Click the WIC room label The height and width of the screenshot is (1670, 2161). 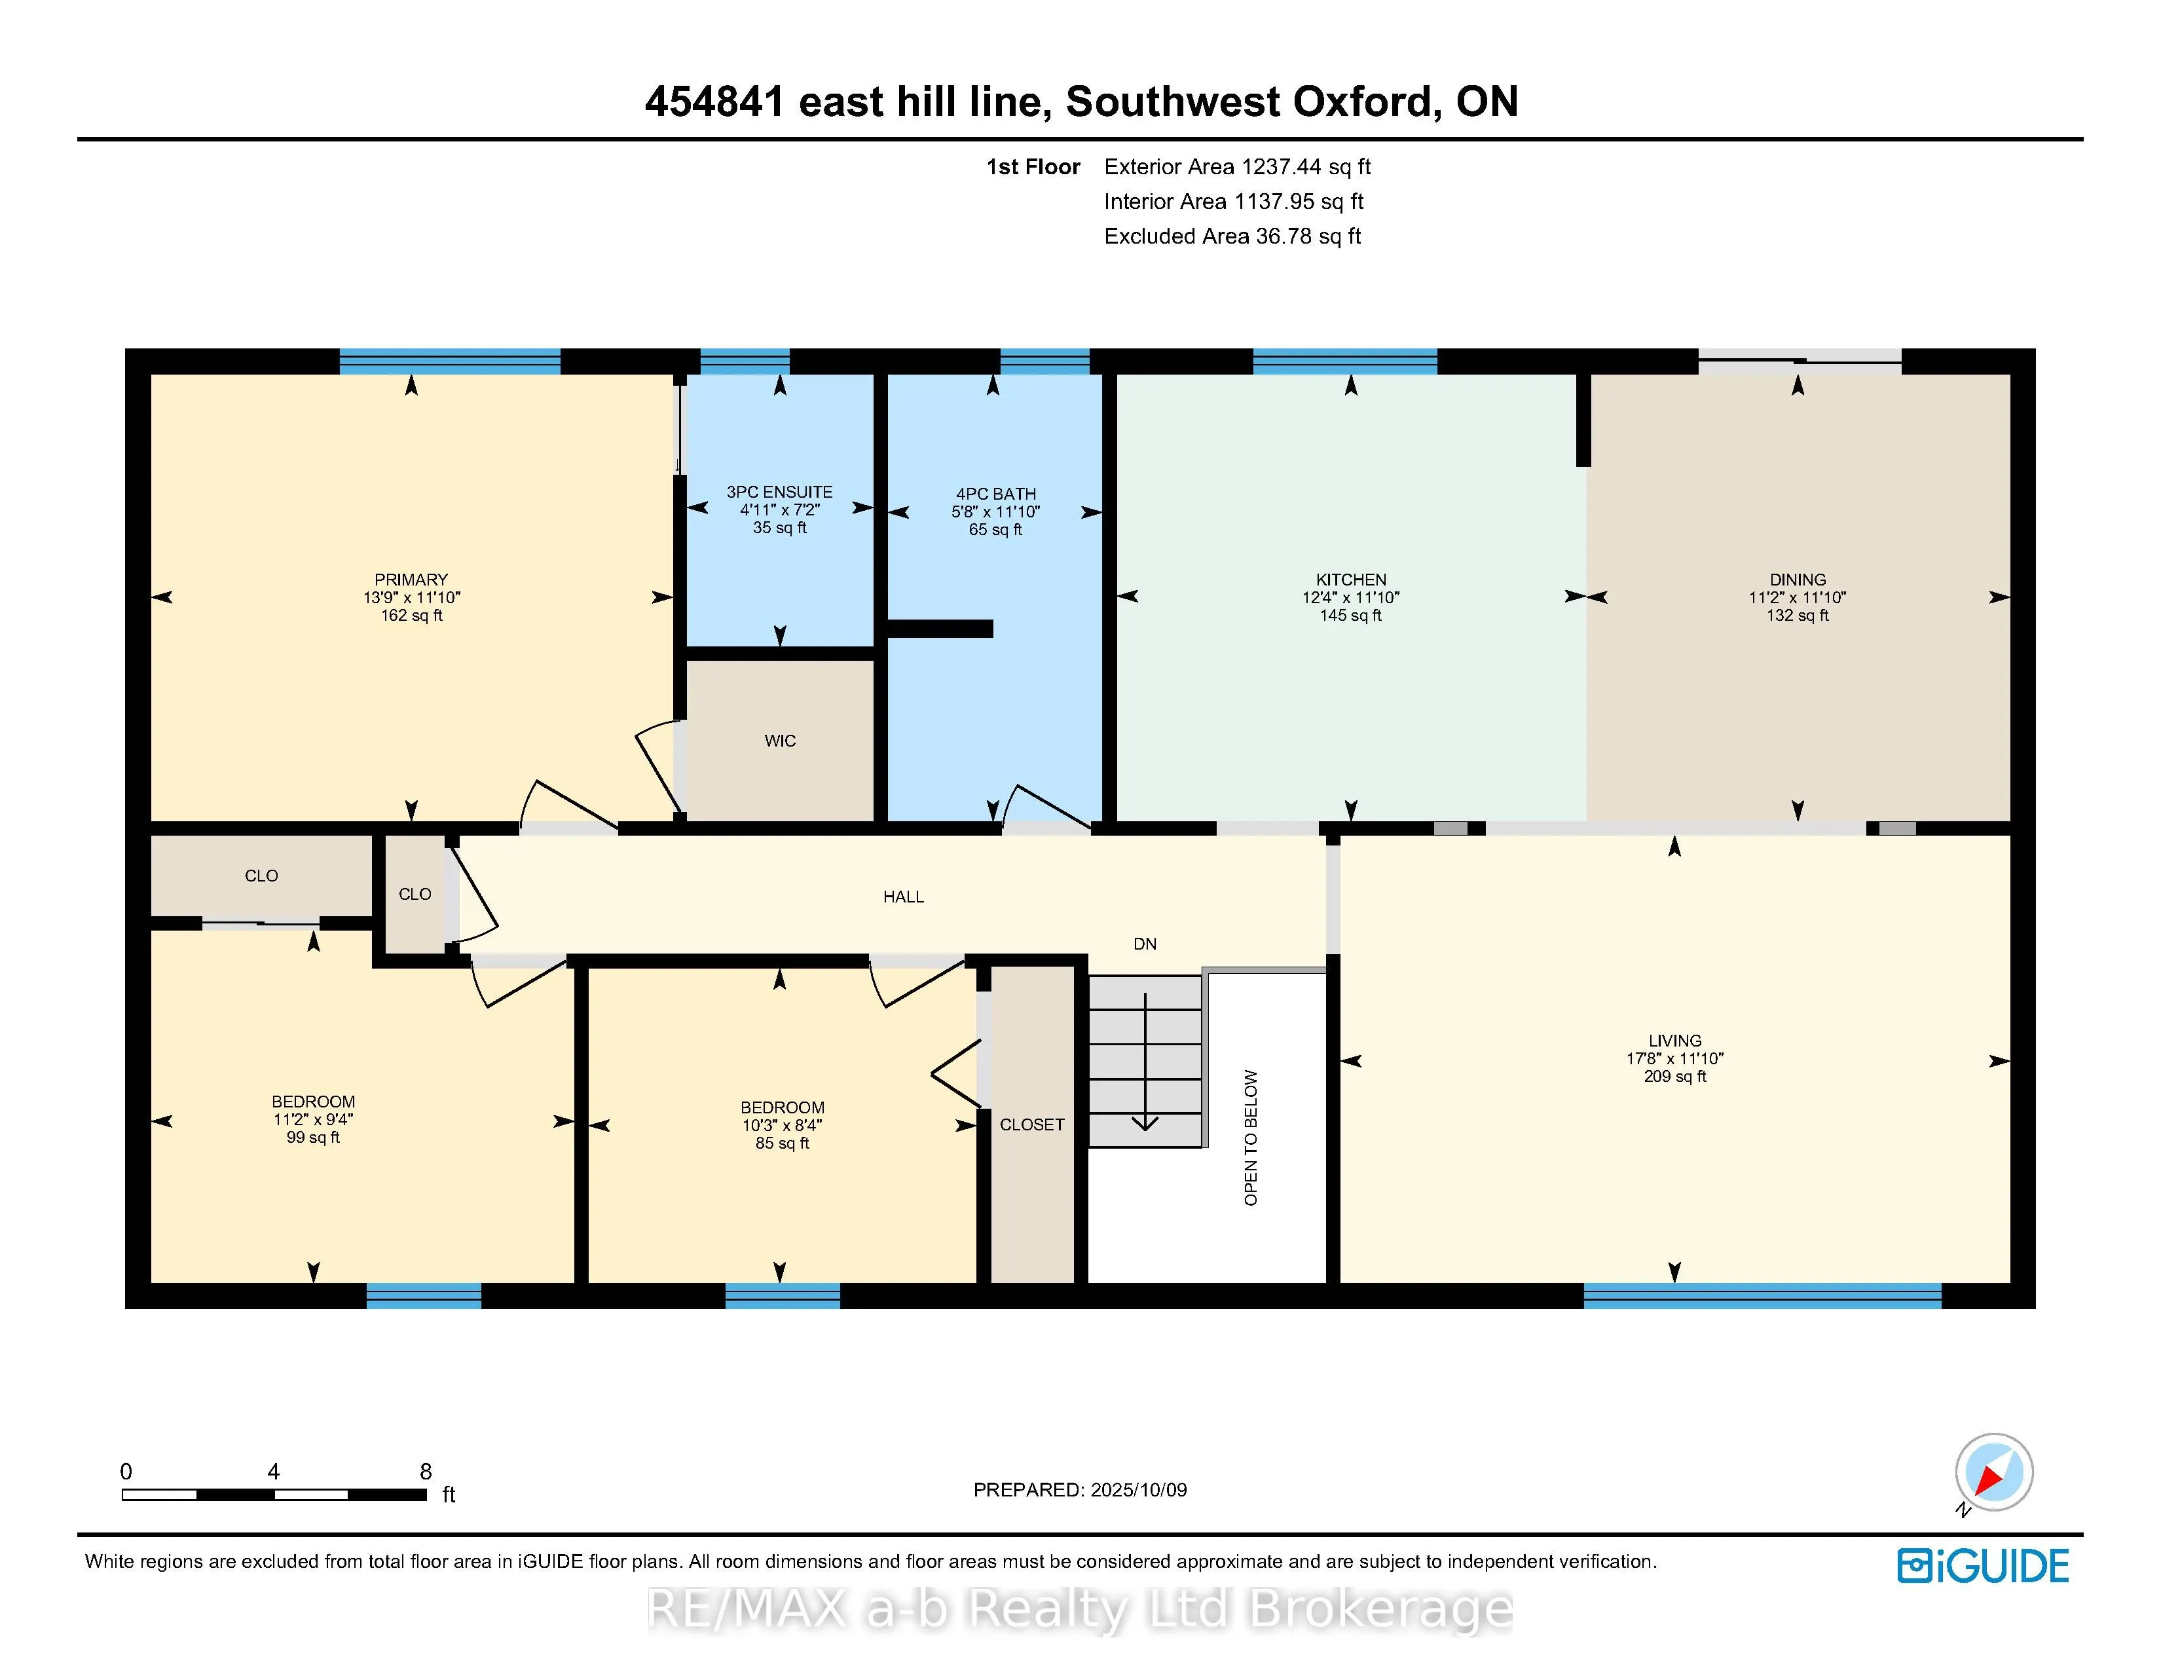pyautogui.click(x=780, y=741)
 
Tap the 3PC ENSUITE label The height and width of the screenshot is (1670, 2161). pyautogui.click(x=780, y=492)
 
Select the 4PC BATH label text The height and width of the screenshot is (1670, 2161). pyautogui.click(x=995, y=494)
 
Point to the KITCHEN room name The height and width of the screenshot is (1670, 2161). pyautogui.click(x=1350, y=580)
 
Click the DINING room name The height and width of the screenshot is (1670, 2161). pyautogui.click(x=1798, y=580)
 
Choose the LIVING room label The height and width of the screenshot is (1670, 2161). pyautogui.click(x=1675, y=1041)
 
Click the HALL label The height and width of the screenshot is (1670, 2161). pyautogui.click(x=904, y=897)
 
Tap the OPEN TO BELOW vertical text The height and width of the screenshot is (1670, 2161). pyautogui.click(x=1251, y=1138)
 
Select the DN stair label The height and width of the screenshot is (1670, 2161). pyautogui.click(x=1145, y=944)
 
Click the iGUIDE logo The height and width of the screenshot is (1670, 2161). pyautogui.click(x=1983, y=1566)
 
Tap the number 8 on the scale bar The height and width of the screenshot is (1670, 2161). pyautogui.click(x=426, y=1471)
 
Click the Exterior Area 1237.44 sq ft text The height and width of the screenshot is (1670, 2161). pyautogui.click(x=1237, y=167)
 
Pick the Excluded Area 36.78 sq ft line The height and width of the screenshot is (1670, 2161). pyautogui.click(x=1232, y=236)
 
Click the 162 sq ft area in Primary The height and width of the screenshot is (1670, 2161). pyautogui.click(x=412, y=616)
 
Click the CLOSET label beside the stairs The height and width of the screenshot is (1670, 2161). pyautogui.click(x=1032, y=1125)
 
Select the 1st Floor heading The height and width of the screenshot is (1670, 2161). pyautogui.click(x=1032, y=167)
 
